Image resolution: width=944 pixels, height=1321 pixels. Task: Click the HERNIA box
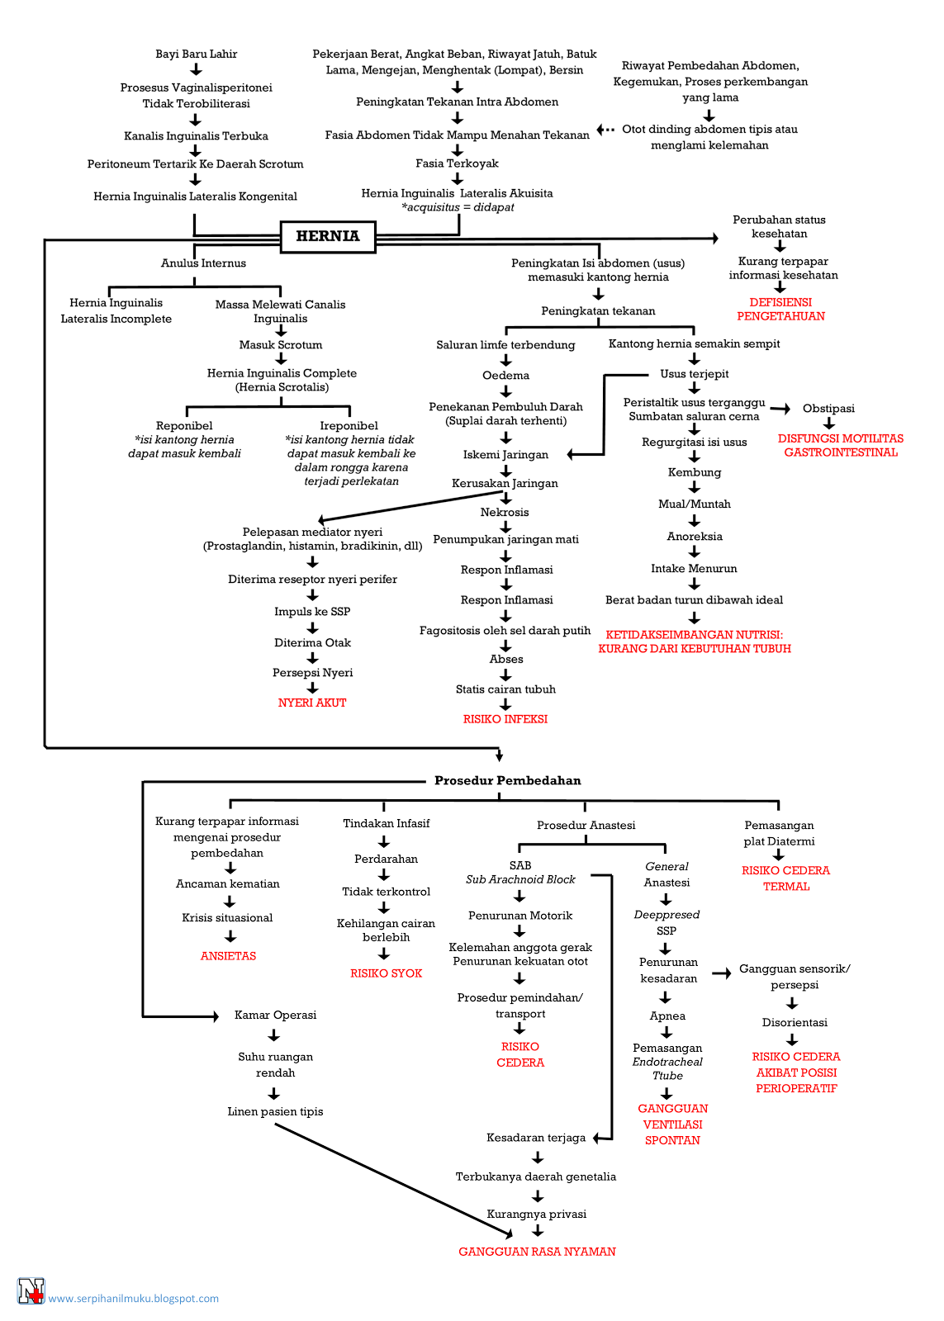pyautogui.click(x=327, y=236)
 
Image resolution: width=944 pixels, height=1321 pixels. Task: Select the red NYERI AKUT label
pyautogui.click(x=312, y=703)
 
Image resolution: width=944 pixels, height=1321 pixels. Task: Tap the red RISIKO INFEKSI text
pyautogui.click(x=505, y=719)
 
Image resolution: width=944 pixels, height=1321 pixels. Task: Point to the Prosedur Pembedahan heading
pyautogui.click(x=507, y=780)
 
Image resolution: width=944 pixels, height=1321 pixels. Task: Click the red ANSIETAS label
pyautogui.click(x=228, y=956)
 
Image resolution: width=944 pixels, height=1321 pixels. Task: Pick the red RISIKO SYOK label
pyautogui.click(x=386, y=973)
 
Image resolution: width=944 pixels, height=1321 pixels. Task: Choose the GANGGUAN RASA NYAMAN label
pyautogui.click(x=537, y=1252)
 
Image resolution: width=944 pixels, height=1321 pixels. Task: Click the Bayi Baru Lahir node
pyautogui.click(x=197, y=54)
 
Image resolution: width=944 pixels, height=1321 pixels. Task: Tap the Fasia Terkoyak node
pyautogui.click(x=457, y=163)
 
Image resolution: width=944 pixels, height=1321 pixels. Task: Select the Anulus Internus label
pyautogui.click(x=203, y=263)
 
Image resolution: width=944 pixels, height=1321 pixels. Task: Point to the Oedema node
pyautogui.click(x=505, y=375)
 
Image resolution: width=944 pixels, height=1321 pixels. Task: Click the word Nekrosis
pyautogui.click(x=505, y=512)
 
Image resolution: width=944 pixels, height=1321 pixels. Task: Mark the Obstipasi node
pyautogui.click(x=828, y=408)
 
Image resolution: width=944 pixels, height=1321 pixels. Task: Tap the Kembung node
pyautogui.click(x=695, y=472)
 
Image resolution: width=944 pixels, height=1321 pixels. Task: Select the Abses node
pyautogui.click(x=506, y=659)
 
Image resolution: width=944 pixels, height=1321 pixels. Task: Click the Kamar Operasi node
pyautogui.click(x=275, y=1015)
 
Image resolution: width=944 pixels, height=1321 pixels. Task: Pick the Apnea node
pyautogui.click(x=667, y=1016)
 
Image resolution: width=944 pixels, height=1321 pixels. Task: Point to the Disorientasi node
pyautogui.click(x=795, y=1023)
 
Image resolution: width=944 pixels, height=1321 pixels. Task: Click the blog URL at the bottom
pyautogui.click(x=133, y=1298)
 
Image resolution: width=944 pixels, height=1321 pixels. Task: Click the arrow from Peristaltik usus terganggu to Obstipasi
pyautogui.click(x=780, y=409)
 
